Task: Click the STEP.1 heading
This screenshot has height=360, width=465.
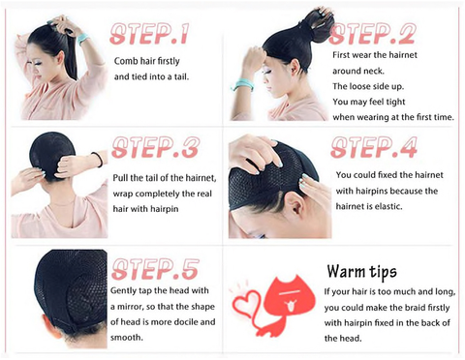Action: (x=149, y=33)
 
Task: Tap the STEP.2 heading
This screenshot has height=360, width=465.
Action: (x=371, y=34)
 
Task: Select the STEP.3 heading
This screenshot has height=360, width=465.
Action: (x=156, y=147)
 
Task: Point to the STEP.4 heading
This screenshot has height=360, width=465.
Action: (x=374, y=147)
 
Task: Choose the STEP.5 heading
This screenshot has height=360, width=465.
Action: (x=155, y=269)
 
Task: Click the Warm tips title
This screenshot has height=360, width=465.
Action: (x=361, y=272)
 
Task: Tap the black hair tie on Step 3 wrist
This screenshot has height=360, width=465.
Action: (x=98, y=159)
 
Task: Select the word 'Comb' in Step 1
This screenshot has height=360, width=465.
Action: (x=126, y=61)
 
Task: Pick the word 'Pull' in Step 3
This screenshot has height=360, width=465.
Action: (x=120, y=178)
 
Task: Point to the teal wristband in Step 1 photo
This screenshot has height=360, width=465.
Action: (x=83, y=39)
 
